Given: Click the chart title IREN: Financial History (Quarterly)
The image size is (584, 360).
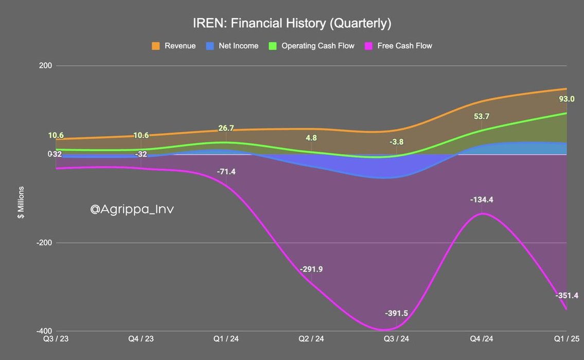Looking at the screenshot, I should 292,23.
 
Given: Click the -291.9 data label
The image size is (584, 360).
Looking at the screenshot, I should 311,269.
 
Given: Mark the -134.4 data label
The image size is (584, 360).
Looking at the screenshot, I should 482,200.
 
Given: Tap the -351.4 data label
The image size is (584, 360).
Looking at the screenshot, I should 567,295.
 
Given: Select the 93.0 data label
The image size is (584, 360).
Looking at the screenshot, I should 567,99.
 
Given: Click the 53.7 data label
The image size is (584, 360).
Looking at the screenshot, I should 482,116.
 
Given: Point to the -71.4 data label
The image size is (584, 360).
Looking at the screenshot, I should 226,171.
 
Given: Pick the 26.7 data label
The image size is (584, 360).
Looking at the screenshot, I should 226,128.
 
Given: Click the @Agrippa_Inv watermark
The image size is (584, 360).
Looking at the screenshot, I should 132,209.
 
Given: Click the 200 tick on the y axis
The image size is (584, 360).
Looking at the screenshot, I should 47,66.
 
